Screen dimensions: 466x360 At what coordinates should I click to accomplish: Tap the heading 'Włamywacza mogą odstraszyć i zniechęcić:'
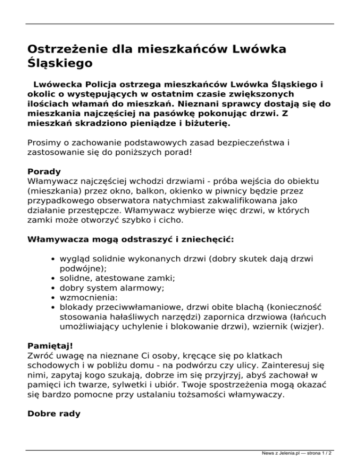click(130, 240)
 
